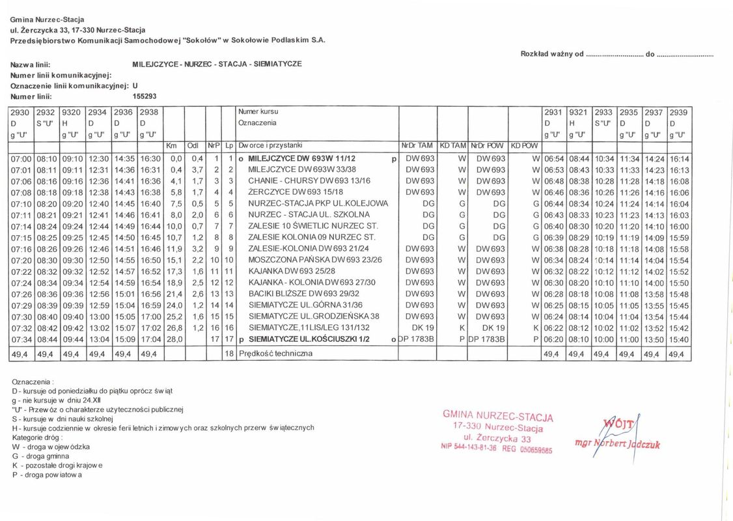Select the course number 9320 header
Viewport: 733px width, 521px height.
(x=70, y=112)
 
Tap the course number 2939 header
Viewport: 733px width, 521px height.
(x=678, y=112)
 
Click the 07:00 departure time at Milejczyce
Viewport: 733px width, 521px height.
(x=21, y=159)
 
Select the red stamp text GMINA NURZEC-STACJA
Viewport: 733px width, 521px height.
(x=497, y=416)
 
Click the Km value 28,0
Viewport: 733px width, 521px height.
(x=174, y=339)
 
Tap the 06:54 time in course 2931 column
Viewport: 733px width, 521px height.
(x=553, y=159)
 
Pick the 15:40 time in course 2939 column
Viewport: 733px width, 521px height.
(x=679, y=339)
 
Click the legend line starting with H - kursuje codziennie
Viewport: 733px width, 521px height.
(x=163, y=428)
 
